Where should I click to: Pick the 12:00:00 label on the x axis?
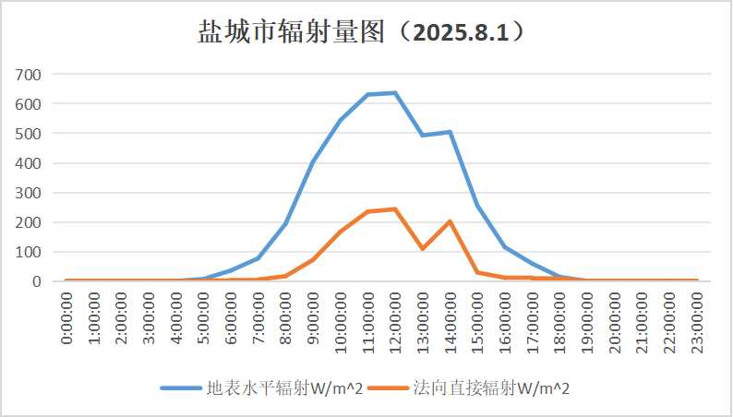click(395, 319)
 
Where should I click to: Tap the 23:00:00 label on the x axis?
click(696, 319)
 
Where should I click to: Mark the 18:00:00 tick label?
click(559, 319)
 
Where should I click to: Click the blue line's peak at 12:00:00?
click(395, 92)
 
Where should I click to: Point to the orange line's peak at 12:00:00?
click(395, 209)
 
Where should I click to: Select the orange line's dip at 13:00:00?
click(423, 249)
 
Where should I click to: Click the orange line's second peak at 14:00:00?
click(450, 221)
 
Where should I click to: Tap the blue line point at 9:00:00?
click(313, 162)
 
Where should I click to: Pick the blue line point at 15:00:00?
click(477, 206)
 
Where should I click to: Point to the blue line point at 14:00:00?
click(450, 132)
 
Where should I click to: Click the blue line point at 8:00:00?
click(286, 224)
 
